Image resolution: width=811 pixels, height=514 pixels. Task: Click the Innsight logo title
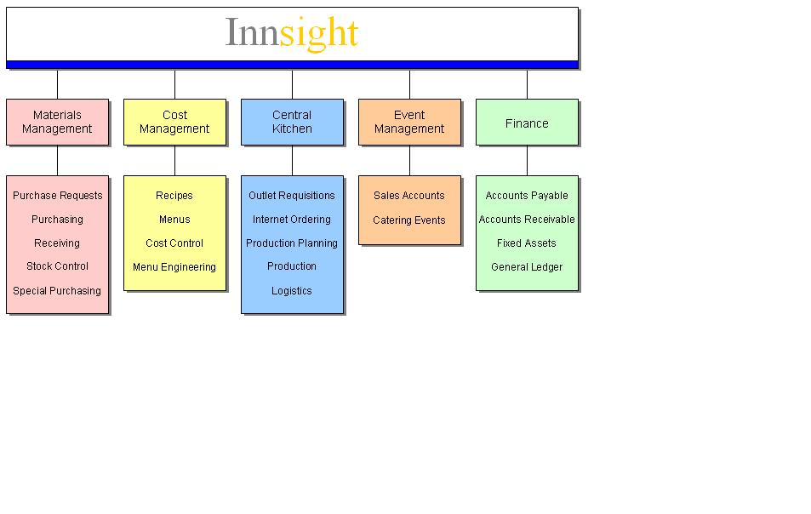(x=292, y=33)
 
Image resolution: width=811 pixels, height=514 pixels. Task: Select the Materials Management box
(x=57, y=122)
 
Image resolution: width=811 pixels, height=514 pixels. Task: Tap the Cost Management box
(x=174, y=122)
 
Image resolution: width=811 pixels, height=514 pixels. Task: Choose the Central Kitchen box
(x=292, y=122)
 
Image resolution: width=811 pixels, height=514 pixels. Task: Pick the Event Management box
(x=409, y=122)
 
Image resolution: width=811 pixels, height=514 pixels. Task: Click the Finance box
(x=527, y=122)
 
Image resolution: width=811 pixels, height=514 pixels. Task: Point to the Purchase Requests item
(x=57, y=196)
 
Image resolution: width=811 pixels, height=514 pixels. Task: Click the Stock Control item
(x=57, y=266)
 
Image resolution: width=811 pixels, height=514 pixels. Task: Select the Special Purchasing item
(x=57, y=290)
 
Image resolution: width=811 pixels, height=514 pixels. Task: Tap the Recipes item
(x=174, y=196)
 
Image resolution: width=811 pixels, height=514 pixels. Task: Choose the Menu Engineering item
(x=174, y=267)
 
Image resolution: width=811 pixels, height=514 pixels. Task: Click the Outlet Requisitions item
(x=292, y=196)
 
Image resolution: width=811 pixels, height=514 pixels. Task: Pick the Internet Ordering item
(x=292, y=220)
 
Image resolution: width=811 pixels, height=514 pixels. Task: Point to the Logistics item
(x=292, y=290)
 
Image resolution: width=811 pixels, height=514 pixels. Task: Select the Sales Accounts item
(x=409, y=196)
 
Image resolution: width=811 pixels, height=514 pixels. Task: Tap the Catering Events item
(x=409, y=220)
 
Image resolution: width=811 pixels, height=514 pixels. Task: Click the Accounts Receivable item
(x=527, y=220)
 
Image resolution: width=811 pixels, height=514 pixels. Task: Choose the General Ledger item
(x=527, y=267)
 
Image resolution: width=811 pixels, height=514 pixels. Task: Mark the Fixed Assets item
(x=527, y=243)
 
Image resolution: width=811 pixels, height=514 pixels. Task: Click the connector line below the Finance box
(x=527, y=160)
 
